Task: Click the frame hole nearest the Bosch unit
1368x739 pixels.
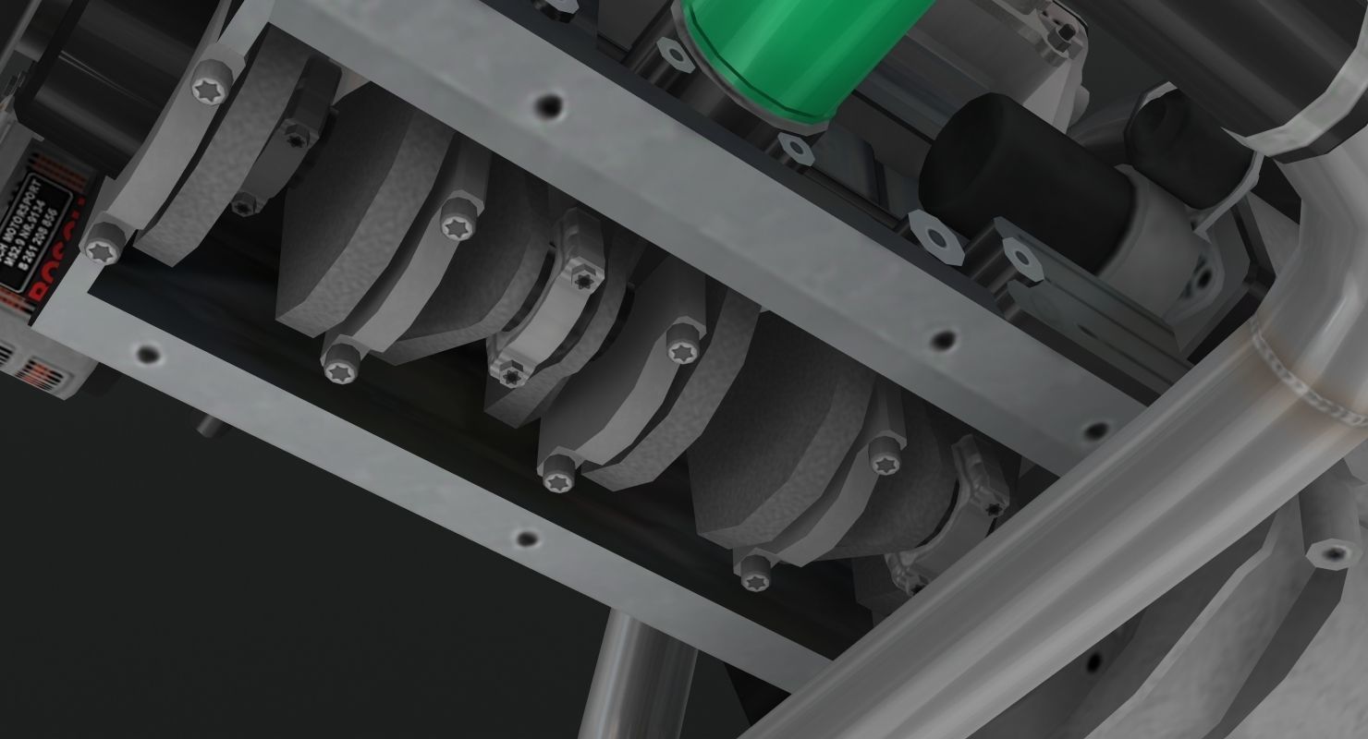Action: tap(147, 353)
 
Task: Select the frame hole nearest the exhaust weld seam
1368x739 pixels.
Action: tap(1097, 430)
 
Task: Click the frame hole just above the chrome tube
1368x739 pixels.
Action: tap(527, 539)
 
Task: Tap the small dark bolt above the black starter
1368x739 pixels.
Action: tap(1068, 33)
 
